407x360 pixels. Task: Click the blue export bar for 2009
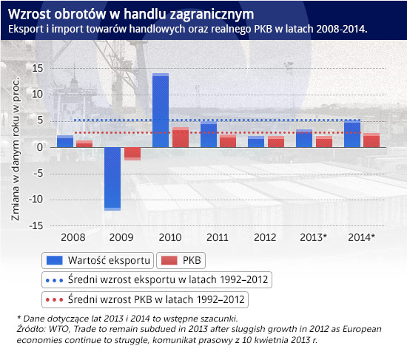112,179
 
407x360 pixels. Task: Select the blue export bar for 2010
161,110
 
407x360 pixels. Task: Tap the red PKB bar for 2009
132,154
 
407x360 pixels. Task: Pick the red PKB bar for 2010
181,137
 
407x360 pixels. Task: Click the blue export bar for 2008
65,141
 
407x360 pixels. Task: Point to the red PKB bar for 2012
276,142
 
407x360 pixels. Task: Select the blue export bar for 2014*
352,134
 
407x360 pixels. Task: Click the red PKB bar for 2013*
324,142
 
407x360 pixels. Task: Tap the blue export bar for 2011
209,135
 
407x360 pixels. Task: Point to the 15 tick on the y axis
38,69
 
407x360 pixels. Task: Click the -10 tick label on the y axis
36,200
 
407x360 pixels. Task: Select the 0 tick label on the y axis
40,147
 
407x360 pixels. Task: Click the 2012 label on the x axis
265,237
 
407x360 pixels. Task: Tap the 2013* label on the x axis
313,237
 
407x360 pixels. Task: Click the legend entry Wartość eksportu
98,260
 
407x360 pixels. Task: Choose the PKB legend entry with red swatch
181,260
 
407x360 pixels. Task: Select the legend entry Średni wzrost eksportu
157,280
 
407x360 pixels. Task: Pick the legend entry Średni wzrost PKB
145,299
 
